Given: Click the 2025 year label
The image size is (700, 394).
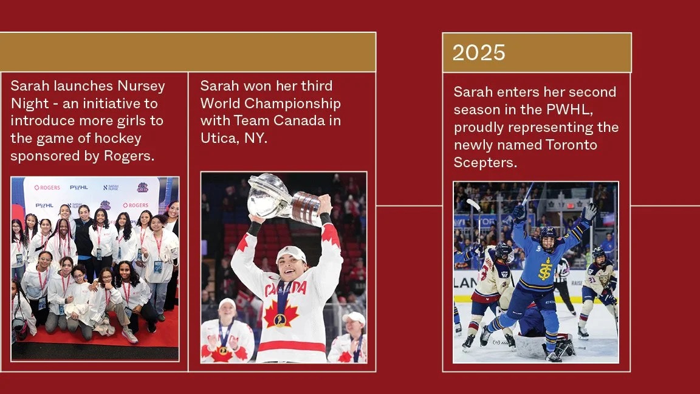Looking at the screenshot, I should pyautogui.click(x=479, y=53).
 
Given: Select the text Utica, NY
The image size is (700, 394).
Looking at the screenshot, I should pyautogui.click(x=234, y=138).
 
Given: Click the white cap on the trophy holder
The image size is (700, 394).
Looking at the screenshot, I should pyautogui.click(x=290, y=254).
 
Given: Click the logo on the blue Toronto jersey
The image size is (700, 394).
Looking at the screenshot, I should pyautogui.click(x=545, y=268).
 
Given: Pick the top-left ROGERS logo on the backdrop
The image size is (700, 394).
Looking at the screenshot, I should pyautogui.click(x=47, y=188).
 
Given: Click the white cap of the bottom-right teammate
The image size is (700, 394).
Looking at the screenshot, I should pyautogui.click(x=354, y=317).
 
